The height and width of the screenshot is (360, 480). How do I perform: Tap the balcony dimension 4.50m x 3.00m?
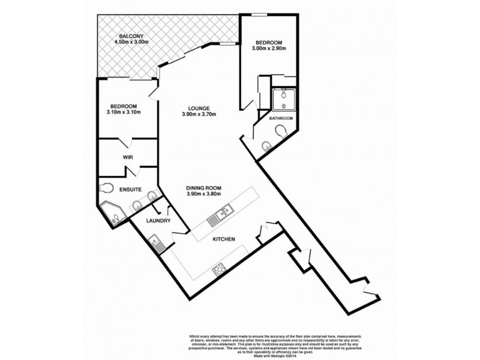click(x=131, y=42)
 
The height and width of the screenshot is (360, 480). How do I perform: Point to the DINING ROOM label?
click(x=205, y=187)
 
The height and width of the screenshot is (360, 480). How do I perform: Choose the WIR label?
click(x=127, y=157)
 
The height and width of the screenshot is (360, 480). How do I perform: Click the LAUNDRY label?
click(x=160, y=221)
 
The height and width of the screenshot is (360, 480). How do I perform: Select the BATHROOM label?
click(x=280, y=118)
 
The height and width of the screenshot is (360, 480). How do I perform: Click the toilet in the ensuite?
click(x=107, y=187)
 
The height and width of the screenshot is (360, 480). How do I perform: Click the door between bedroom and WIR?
click(x=127, y=142)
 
